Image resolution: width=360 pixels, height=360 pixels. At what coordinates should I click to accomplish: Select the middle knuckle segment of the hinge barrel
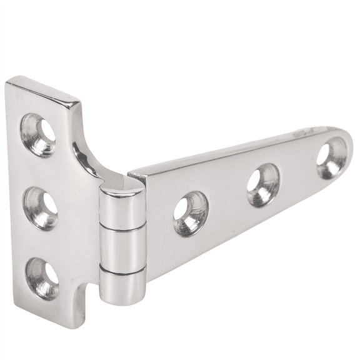123,250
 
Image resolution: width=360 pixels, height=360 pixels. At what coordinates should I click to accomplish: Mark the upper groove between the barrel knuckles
122,230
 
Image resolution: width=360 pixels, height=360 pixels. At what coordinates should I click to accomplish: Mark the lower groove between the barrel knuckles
124,270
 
